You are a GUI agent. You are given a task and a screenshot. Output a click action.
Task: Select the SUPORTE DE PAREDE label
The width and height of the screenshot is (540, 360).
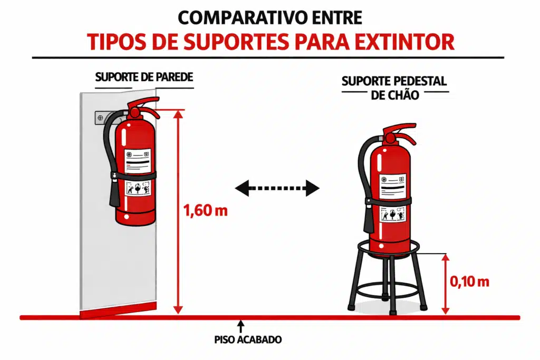[x=144, y=77]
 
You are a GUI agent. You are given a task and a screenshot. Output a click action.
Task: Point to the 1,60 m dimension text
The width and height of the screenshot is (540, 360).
[x=205, y=211]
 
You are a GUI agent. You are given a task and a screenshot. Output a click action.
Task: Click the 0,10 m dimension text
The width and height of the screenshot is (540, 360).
[x=469, y=281]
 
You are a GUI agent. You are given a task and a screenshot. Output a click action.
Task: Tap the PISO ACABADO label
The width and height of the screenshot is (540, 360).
[x=248, y=340]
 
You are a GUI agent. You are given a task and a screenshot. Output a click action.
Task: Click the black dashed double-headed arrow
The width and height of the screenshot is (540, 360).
[x=277, y=187]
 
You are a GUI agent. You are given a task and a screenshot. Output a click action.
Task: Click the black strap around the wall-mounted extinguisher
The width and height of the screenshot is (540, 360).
[x=136, y=176]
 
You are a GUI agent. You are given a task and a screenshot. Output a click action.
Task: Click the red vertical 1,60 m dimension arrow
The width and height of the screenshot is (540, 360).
[x=179, y=211]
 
